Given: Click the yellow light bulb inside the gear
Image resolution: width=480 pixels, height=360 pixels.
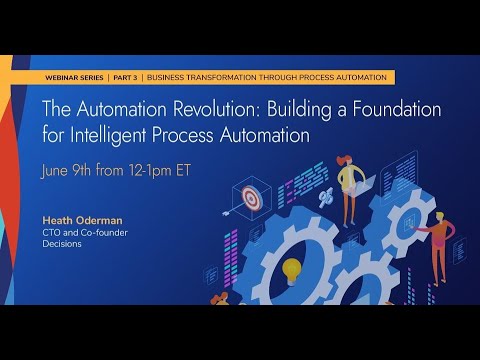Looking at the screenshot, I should (291, 268).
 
